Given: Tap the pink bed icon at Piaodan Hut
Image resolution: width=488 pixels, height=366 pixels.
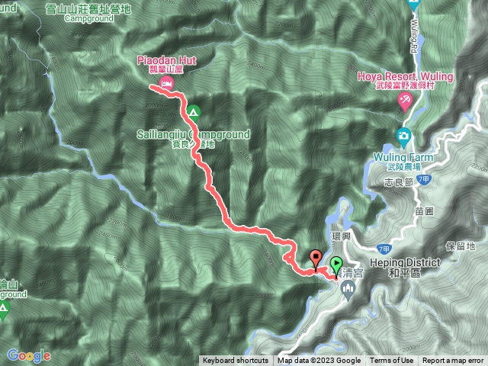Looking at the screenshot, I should pyautogui.click(x=169, y=81).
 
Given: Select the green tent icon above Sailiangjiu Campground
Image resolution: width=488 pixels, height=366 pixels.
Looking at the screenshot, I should pyautogui.click(x=194, y=113).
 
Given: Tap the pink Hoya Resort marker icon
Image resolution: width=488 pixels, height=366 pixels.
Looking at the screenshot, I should pyautogui.click(x=406, y=102).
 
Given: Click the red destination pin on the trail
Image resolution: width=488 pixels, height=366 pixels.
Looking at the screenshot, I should pyautogui.click(x=316, y=258).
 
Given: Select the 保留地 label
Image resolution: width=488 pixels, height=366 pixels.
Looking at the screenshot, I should pyautogui.click(x=461, y=246).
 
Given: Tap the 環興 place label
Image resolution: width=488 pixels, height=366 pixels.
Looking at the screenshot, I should pyautogui.click(x=340, y=237).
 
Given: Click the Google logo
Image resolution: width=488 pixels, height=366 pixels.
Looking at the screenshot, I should pyautogui.click(x=29, y=355).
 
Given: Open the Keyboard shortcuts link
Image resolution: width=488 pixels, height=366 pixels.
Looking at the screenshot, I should pyautogui.click(x=235, y=361).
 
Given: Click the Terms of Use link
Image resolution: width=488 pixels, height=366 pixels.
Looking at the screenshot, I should pyautogui.click(x=391, y=361).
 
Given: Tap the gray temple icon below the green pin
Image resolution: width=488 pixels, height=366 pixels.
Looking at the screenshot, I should pyautogui.click(x=348, y=288).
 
